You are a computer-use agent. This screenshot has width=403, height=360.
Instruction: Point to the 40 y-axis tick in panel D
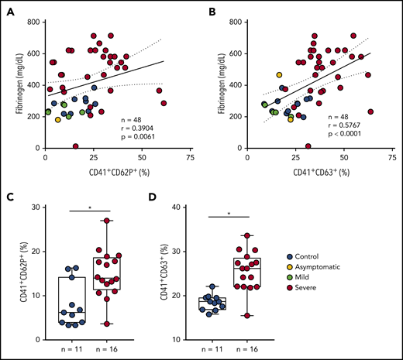[x=198, y=207]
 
